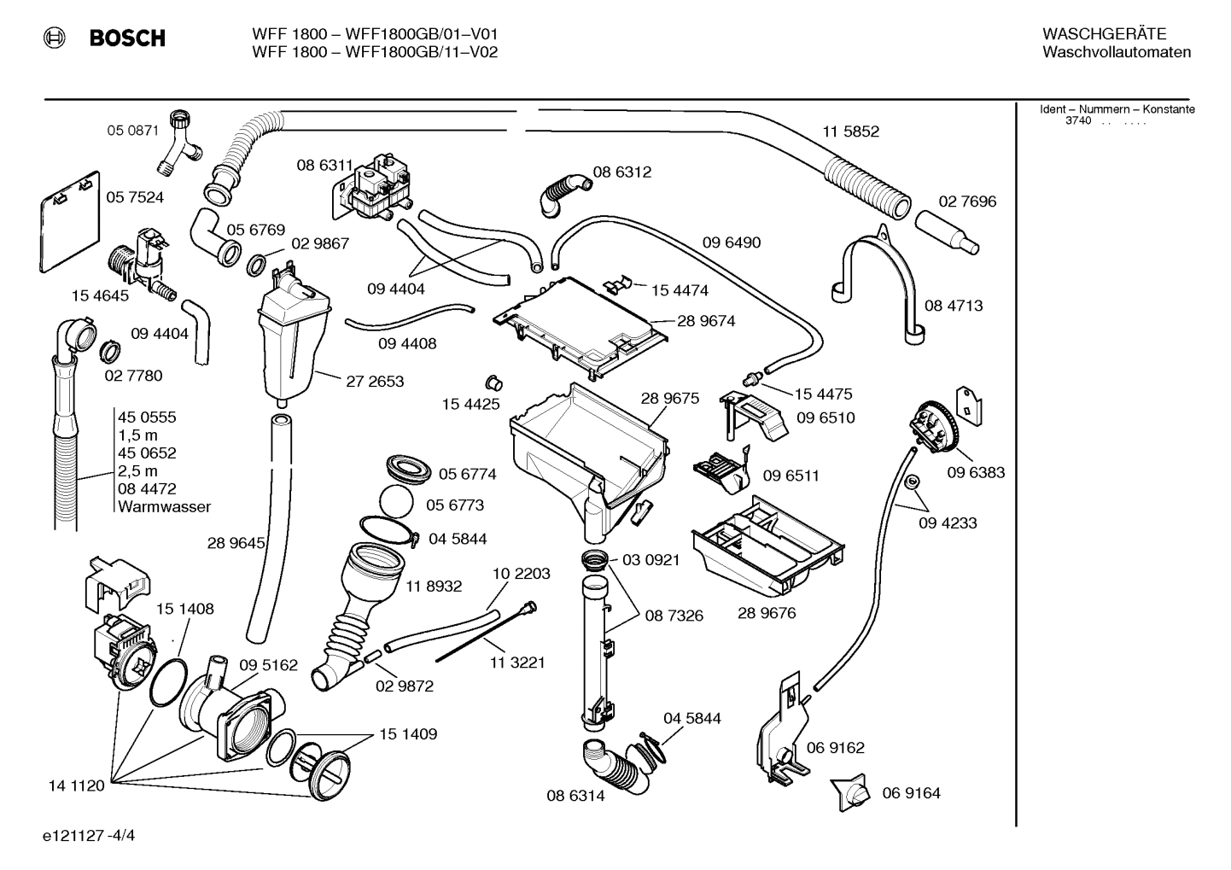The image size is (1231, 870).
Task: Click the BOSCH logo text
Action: (127, 38)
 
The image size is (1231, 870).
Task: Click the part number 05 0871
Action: (132, 131)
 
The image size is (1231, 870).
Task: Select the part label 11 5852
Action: (850, 131)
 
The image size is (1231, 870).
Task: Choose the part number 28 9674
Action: (706, 321)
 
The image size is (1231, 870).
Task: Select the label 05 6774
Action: (467, 474)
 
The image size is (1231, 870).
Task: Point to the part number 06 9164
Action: (911, 793)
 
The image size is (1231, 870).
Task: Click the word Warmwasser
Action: (165, 507)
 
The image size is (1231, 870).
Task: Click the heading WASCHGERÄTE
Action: (1104, 34)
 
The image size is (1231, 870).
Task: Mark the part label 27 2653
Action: (375, 381)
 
